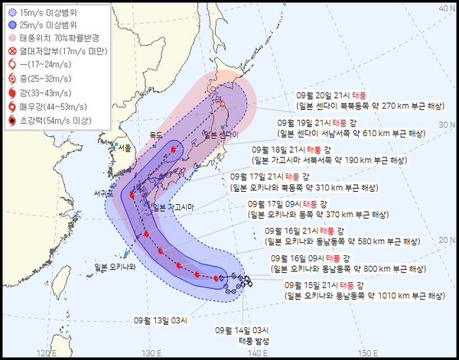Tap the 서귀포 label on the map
tap(100, 193)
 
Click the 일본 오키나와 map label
tap(115, 266)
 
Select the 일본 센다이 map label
tap(221, 135)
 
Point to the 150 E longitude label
tap(371, 352)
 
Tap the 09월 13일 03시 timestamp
tap(160, 320)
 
